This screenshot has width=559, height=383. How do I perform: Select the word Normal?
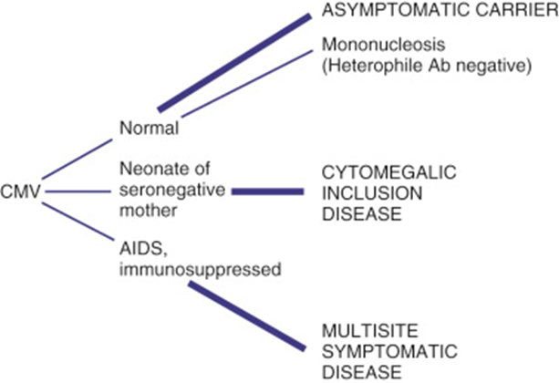149,128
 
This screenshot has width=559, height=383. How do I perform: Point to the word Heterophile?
369,66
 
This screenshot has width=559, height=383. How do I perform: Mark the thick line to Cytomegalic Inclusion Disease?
267,191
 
